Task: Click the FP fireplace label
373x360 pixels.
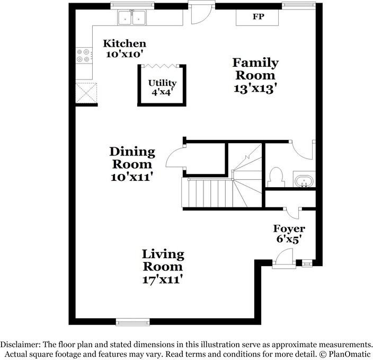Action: click(x=258, y=16)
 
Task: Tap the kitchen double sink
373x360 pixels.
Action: click(x=131, y=17)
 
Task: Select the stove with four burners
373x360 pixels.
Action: click(x=84, y=56)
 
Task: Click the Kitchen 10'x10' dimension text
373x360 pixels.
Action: click(x=125, y=54)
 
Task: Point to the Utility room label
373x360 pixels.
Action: click(x=162, y=83)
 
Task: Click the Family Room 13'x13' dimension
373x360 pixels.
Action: click(x=255, y=89)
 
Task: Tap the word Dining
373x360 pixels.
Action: click(x=132, y=152)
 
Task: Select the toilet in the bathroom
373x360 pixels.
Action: click(x=276, y=177)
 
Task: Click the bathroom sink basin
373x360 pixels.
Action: click(x=304, y=181)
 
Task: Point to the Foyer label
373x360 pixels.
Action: click(x=289, y=229)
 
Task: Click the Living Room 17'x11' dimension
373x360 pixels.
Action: click(x=163, y=279)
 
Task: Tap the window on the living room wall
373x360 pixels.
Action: click(x=133, y=322)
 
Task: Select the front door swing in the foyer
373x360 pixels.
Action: click(x=284, y=258)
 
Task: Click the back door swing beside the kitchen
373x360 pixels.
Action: click(x=201, y=14)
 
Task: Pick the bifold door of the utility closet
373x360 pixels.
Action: click(x=160, y=66)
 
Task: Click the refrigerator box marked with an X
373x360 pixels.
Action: click(x=86, y=93)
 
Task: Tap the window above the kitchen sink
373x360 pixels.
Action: click(x=132, y=6)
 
